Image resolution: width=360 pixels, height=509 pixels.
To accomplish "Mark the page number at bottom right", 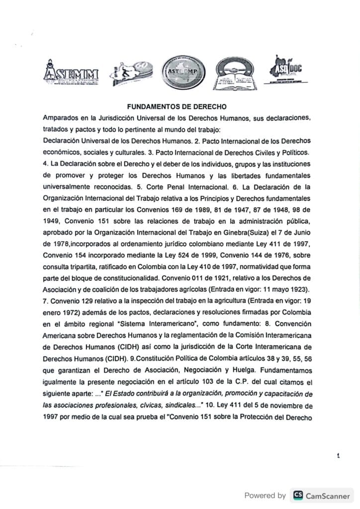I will (x=339, y=455).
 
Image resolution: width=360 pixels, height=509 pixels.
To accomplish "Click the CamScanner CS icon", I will (x=298, y=495).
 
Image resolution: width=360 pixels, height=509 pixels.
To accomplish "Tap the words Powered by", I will (x=265, y=495).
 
